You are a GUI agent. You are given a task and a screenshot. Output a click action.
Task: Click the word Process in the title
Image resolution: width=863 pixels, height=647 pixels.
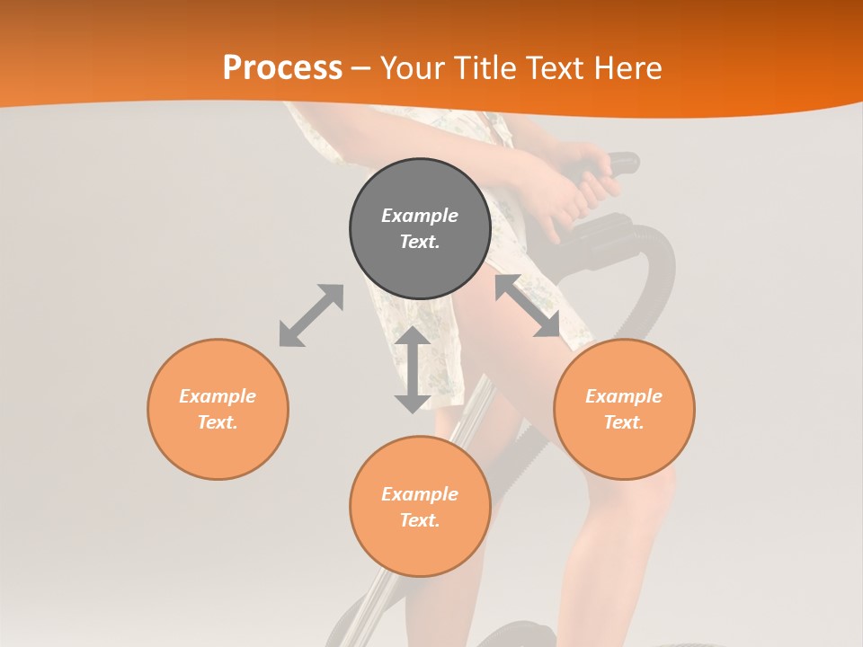(282, 68)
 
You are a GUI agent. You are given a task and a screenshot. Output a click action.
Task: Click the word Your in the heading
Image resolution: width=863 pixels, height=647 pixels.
(411, 68)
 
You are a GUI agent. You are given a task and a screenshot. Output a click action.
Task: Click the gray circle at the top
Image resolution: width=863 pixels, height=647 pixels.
(420, 228)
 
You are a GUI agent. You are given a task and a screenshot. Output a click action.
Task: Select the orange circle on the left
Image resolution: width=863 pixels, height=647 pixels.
(218, 409)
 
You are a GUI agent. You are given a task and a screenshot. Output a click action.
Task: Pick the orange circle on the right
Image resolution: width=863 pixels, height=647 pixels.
(624, 409)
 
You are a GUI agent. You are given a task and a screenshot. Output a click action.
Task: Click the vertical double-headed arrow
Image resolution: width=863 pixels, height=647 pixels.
(413, 369)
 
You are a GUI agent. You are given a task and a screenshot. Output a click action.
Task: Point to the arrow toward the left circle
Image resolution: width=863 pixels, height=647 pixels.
(311, 315)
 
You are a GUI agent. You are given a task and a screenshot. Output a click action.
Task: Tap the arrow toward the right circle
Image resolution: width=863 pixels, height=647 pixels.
(528, 306)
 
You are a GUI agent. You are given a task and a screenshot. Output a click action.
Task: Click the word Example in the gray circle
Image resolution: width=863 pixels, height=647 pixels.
(420, 216)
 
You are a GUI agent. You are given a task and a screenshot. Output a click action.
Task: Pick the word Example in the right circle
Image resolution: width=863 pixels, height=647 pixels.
(624, 396)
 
